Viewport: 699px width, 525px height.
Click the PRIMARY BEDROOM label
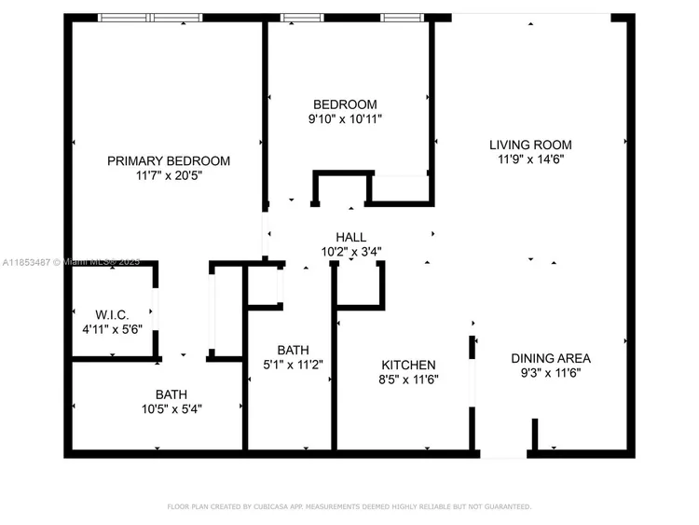(169, 160)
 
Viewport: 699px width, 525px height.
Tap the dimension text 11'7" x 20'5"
(169, 175)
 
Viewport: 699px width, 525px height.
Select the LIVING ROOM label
(530, 145)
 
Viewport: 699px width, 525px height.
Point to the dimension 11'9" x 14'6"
(531, 159)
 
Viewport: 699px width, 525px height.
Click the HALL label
(350, 237)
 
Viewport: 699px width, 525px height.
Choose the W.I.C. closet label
(112, 315)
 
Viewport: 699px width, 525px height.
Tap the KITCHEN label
(408, 365)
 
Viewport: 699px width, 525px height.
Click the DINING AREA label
(551, 358)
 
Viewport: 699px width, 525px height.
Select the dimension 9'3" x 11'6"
(551, 373)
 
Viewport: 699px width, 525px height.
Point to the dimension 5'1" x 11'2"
(293, 365)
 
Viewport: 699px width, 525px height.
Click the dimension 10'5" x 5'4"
(171, 409)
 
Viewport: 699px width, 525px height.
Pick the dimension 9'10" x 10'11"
(345, 119)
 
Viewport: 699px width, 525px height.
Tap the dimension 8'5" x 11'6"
(408, 380)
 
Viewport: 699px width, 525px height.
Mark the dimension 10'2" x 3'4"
(350, 252)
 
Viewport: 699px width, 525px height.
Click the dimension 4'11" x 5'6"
(113, 329)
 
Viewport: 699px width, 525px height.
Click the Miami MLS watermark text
(72, 262)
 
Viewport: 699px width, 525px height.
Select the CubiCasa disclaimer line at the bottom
(349, 506)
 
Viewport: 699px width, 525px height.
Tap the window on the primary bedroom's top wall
(150, 18)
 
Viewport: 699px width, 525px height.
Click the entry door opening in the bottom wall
(503, 454)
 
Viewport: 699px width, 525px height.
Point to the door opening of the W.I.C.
(155, 309)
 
